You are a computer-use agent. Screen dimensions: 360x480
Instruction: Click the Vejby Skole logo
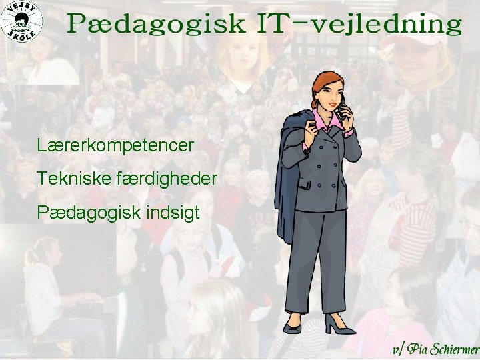(x=23, y=22)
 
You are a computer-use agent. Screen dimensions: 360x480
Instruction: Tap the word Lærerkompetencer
(x=116, y=144)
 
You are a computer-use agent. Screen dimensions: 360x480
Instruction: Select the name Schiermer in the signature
(x=454, y=349)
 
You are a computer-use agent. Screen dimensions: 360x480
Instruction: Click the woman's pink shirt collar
(x=323, y=123)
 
